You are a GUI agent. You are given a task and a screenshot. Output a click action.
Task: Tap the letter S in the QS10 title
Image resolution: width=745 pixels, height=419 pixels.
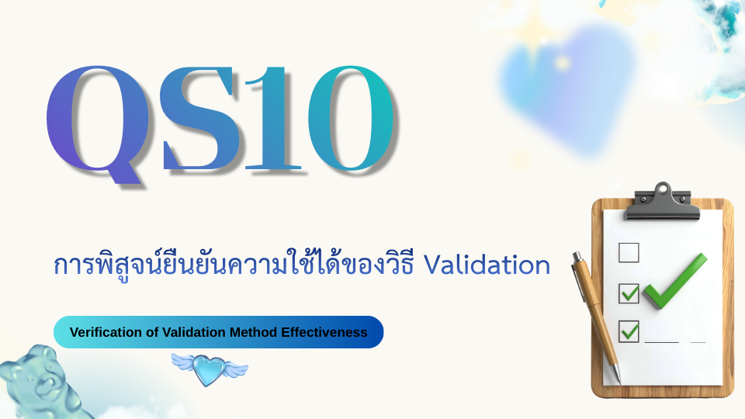[x=199, y=118]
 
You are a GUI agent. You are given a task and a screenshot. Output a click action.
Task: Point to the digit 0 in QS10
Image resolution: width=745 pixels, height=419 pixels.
[x=351, y=118]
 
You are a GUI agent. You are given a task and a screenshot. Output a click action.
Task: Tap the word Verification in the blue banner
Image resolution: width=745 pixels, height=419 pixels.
[x=106, y=332]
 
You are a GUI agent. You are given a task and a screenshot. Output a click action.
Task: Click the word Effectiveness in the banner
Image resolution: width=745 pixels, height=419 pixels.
[x=324, y=332]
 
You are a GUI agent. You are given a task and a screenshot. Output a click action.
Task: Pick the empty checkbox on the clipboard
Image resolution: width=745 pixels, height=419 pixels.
[x=629, y=252]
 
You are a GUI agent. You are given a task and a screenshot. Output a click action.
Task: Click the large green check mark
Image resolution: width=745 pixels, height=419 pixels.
[x=674, y=281]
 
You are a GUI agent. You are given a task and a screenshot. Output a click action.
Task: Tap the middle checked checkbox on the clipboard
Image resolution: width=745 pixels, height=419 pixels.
[x=629, y=293]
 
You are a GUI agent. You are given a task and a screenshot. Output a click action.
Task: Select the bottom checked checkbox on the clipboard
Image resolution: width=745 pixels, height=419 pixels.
[x=629, y=331]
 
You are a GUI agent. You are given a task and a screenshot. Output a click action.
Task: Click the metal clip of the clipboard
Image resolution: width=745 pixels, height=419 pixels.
[x=662, y=202]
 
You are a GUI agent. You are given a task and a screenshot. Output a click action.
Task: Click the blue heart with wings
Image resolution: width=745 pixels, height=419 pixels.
[x=209, y=369]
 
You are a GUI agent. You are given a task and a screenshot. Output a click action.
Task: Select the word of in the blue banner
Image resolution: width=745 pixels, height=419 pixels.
[x=152, y=332]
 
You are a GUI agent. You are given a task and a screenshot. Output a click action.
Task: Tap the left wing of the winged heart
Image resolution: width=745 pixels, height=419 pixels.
[x=185, y=362]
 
